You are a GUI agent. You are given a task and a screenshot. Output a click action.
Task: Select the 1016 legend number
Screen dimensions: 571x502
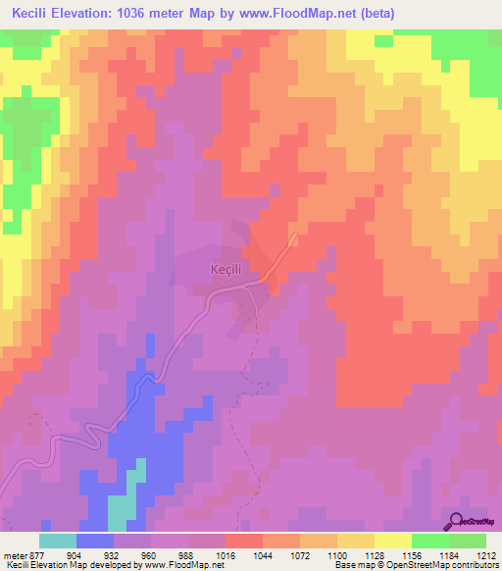click(x=226, y=555)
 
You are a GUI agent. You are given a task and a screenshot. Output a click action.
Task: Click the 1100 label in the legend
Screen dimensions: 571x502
click(x=336, y=555)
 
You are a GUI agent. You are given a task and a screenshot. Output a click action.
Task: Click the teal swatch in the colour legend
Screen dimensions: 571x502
click(x=58, y=541)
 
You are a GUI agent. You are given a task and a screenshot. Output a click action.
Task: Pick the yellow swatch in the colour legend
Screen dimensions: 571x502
click(x=392, y=541)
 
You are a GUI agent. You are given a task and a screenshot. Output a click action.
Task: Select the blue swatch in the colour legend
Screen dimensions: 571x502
click(x=95, y=541)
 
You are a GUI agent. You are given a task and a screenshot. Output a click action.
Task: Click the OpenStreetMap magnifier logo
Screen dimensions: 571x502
click(x=457, y=520)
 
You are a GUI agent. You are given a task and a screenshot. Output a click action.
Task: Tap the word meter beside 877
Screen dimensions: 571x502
click(x=19, y=555)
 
